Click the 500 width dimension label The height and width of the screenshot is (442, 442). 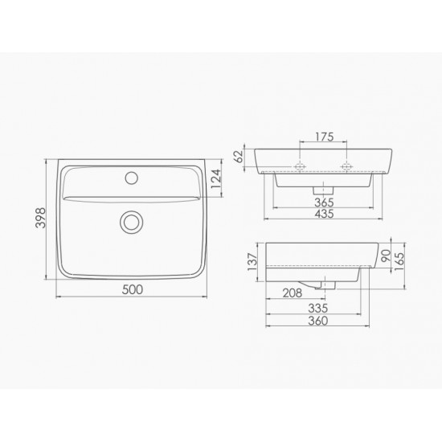pos(130,289)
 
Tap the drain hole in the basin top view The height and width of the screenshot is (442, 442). pos(130,222)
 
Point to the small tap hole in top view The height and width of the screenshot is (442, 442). pos(130,174)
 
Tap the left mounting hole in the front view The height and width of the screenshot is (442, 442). pos(301,167)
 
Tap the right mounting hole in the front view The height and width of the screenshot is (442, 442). pos(348,167)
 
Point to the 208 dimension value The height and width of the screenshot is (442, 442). pos(293,293)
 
